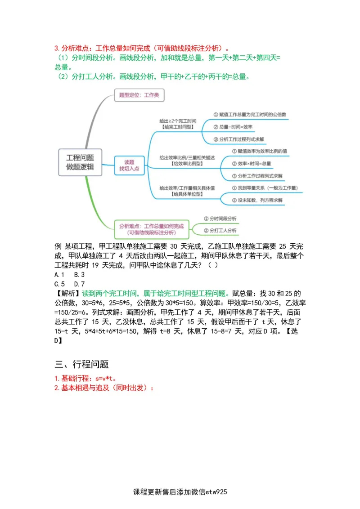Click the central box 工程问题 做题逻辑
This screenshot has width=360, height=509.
(80, 162)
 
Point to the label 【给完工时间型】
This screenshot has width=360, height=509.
(177, 127)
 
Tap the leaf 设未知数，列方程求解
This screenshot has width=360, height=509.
(257, 200)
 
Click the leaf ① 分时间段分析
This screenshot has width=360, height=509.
(220, 219)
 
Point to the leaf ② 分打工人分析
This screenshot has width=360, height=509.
(220, 231)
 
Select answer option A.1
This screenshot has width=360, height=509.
(60, 274)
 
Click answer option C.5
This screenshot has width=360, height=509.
(60, 284)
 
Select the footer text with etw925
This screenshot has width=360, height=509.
(180, 492)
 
